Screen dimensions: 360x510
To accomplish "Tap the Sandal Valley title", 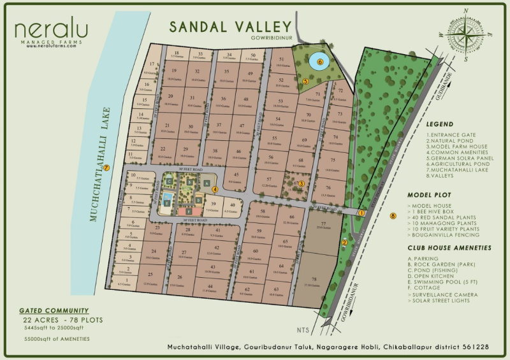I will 230,27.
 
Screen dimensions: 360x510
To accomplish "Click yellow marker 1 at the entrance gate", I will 361,213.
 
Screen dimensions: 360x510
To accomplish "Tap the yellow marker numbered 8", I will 393,217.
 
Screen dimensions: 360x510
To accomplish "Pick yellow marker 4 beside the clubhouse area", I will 215,189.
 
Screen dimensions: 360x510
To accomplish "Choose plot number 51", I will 282,58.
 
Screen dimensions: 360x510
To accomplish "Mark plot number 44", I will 210,286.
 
